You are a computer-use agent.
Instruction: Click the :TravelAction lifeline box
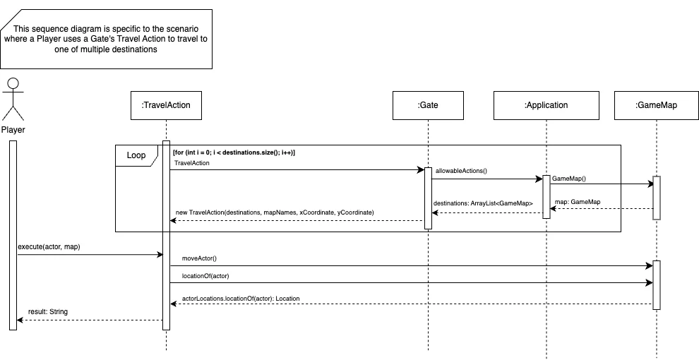(x=166, y=105)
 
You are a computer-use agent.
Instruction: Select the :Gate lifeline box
(x=428, y=105)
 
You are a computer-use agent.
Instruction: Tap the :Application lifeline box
(x=546, y=105)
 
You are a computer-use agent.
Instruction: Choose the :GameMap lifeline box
(x=656, y=105)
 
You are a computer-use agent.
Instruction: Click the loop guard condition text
(x=234, y=152)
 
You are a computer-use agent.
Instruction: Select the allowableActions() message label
(x=462, y=171)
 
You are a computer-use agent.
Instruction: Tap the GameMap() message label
(x=569, y=179)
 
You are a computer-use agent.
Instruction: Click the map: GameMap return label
(x=578, y=202)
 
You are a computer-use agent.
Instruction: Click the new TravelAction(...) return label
(x=274, y=212)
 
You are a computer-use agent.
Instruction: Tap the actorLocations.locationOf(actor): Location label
(x=241, y=299)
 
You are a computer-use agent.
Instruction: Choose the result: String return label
(x=48, y=311)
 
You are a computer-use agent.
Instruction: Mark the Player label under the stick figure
(x=13, y=131)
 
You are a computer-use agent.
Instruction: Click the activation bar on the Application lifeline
(x=546, y=197)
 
